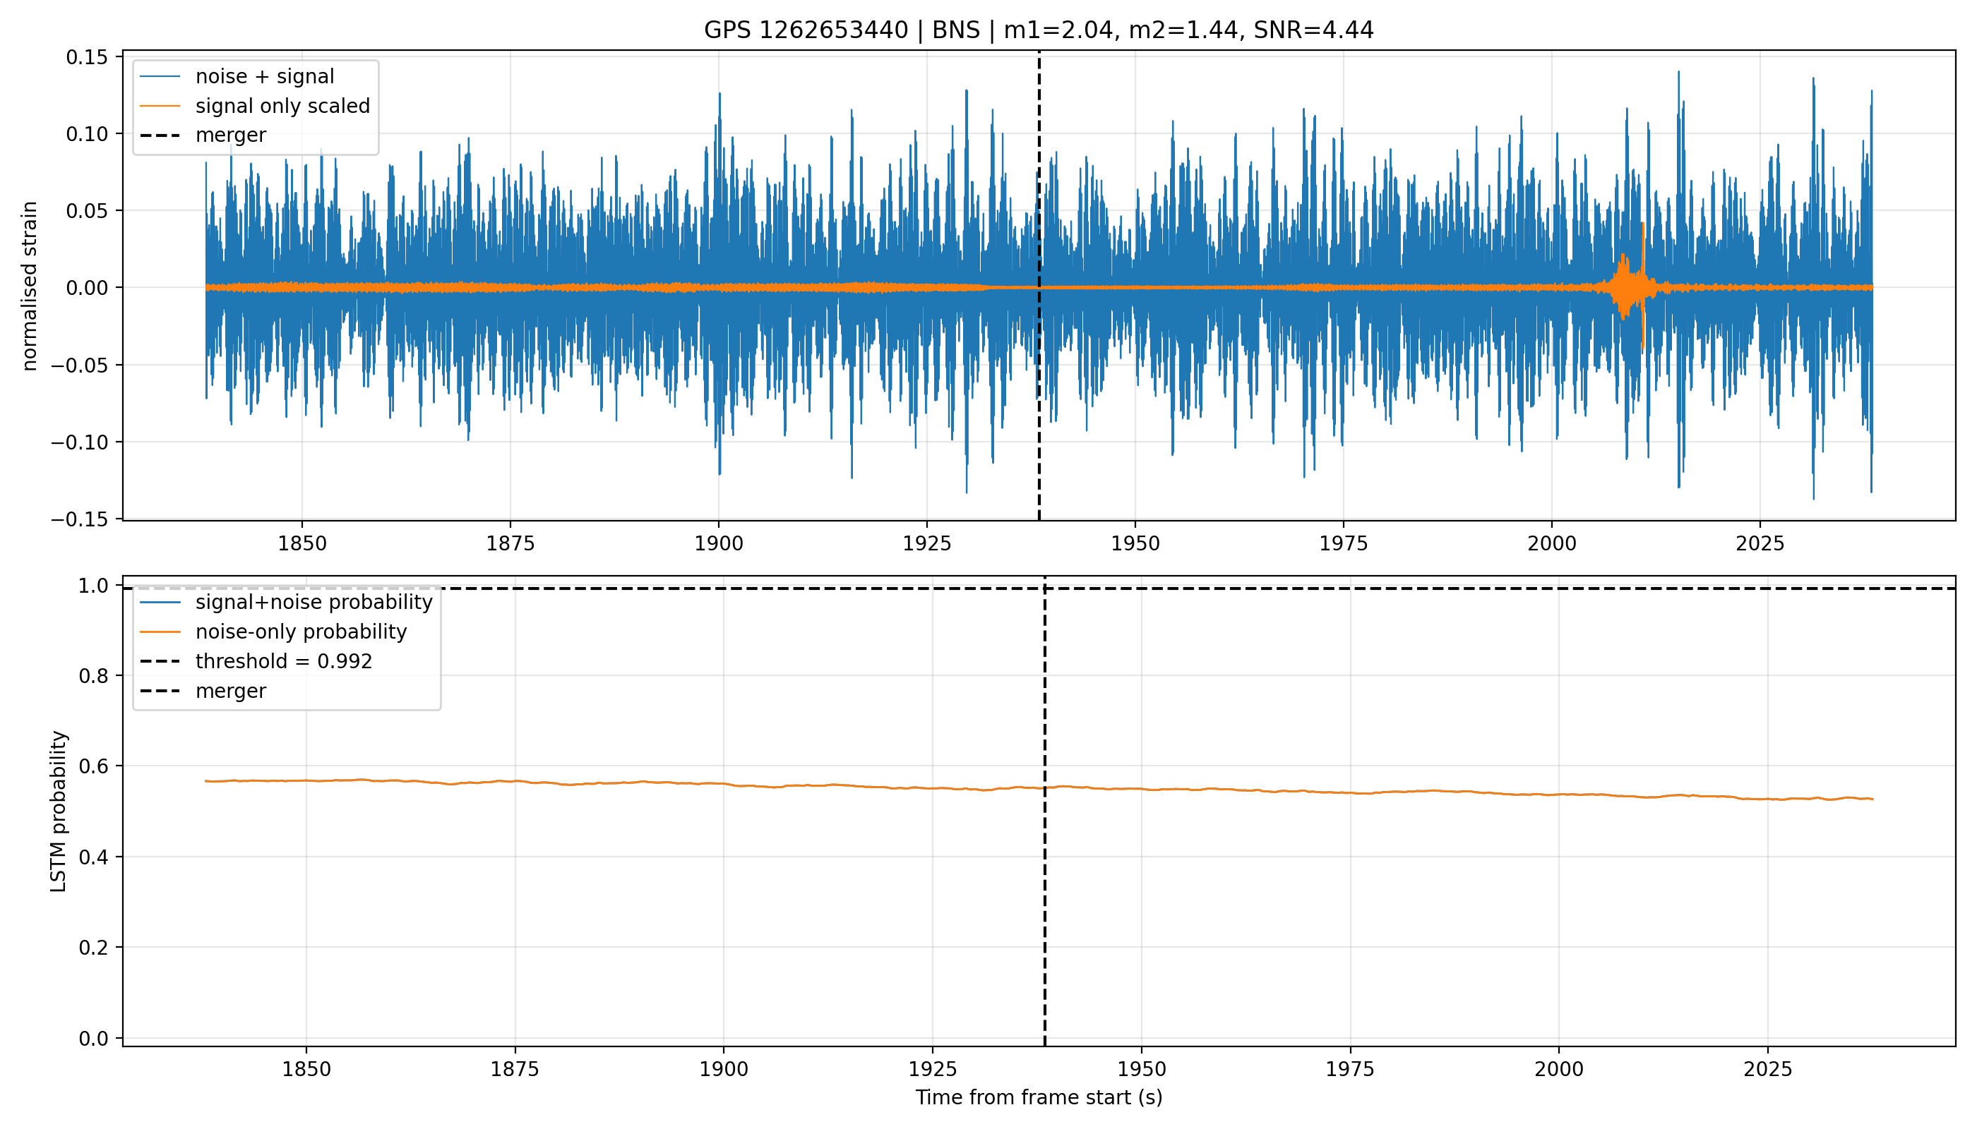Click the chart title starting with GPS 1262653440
point(1038,30)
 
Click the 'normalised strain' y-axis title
point(30,286)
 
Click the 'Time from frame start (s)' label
point(1038,1097)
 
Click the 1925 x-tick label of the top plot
point(926,543)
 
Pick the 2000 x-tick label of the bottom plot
point(1559,1069)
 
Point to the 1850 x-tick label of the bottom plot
point(306,1069)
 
